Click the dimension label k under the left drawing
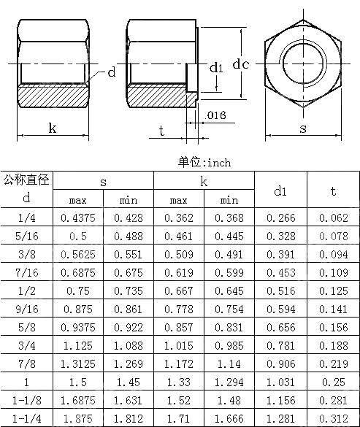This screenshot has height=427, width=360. click(52, 128)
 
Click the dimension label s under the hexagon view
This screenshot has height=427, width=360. click(303, 128)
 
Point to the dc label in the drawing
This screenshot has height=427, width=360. click(241, 64)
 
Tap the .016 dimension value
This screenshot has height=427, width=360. click(215, 116)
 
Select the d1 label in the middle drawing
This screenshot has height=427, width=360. click(216, 69)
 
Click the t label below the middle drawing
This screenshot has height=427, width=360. click(161, 130)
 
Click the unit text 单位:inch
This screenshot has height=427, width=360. click(204, 162)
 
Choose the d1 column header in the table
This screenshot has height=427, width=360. click(280, 191)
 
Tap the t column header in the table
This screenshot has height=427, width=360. click(333, 191)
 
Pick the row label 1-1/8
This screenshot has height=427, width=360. click(27, 401)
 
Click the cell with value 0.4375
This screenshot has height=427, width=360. click(78, 217)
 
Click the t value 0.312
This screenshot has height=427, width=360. click(333, 418)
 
